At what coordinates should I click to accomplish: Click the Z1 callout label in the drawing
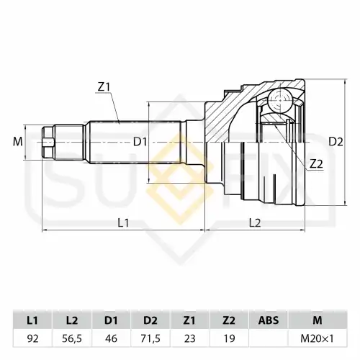(104, 87)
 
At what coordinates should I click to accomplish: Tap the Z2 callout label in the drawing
(316, 164)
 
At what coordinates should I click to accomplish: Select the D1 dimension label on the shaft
(140, 142)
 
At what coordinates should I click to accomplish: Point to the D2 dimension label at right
(336, 142)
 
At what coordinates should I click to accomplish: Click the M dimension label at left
(18, 142)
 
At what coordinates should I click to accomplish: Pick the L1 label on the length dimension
(123, 223)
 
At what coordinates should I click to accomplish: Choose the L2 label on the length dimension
(255, 223)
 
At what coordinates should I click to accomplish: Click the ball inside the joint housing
(280, 100)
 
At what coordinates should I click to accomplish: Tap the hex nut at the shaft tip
(48, 142)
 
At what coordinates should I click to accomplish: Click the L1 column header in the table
(32, 320)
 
